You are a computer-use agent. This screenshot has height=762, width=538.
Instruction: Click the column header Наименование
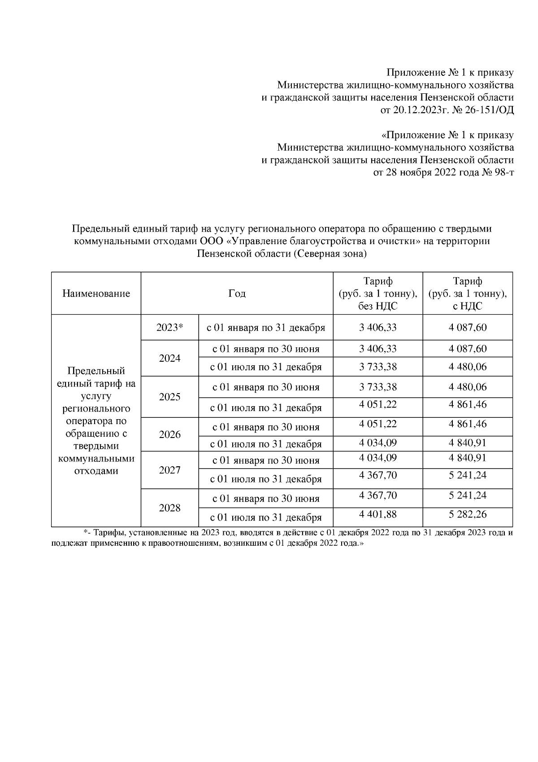[x=96, y=293]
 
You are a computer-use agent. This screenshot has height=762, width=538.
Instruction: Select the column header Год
[x=237, y=293]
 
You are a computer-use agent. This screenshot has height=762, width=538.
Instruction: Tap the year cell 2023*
[x=169, y=328]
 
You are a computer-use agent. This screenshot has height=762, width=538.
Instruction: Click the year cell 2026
[x=169, y=434]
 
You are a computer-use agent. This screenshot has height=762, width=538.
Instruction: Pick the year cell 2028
[x=169, y=508]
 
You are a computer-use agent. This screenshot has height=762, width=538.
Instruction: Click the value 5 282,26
[x=468, y=514]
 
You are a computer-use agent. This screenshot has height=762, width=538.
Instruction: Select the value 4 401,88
[x=378, y=514]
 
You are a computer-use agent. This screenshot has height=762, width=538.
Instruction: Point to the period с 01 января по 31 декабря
[x=265, y=328]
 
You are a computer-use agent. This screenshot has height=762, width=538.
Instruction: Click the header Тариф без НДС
[x=378, y=293]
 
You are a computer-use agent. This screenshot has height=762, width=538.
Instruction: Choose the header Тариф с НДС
[x=468, y=293]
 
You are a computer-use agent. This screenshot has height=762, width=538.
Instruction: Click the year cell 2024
[x=169, y=358]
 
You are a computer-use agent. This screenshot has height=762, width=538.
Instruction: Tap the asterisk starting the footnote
[x=85, y=532]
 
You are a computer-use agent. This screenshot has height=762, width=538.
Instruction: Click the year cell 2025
[x=169, y=397]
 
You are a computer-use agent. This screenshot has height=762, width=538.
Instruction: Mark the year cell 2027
[x=169, y=470]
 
